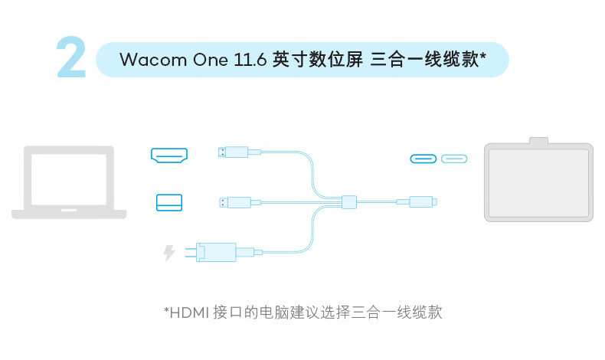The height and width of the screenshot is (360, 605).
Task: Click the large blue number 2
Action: click(x=72, y=57)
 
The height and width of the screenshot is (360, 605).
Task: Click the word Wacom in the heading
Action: click(x=153, y=60)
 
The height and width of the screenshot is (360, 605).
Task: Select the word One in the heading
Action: click(x=211, y=60)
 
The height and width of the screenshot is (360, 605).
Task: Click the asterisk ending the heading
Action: click(x=482, y=57)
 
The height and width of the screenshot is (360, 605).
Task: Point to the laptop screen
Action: click(x=69, y=179)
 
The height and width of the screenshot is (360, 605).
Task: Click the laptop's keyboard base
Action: click(x=69, y=214)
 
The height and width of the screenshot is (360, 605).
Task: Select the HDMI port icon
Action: click(x=169, y=155)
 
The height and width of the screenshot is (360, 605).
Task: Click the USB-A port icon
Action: click(x=169, y=202)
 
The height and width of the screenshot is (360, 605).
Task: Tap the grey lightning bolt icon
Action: click(x=168, y=253)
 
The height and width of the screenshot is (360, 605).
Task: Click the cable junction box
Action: click(x=349, y=201)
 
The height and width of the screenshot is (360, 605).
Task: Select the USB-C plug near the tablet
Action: click(x=417, y=201)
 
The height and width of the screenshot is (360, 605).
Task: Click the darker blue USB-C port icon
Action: click(x=423, y=159)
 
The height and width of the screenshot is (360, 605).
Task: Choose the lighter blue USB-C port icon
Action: click(x=454, y=159)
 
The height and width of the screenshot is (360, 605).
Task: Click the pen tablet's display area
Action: click(x=538, y=183)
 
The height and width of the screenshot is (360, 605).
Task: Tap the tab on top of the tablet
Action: click(x=538, y=140)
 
